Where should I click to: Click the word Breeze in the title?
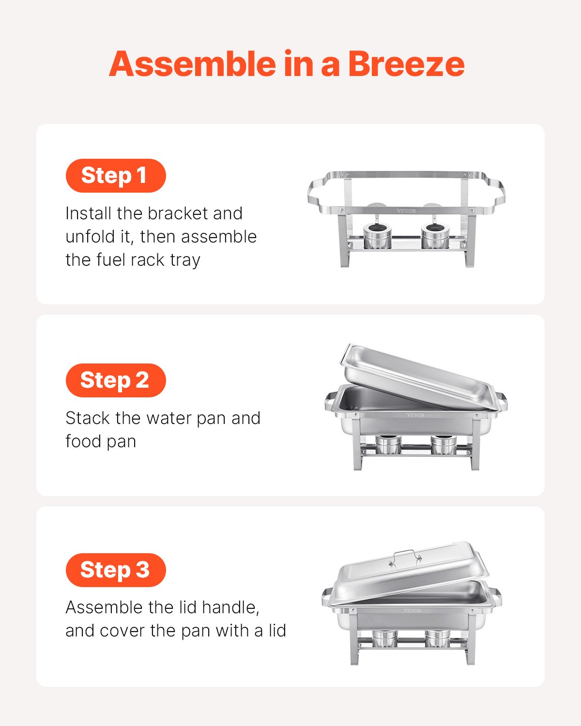pos(406,64)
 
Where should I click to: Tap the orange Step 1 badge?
pos(116,175)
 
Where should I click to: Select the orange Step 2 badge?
pos(116,380)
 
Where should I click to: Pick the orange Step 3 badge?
pos(116,570)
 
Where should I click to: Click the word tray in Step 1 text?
pos(185,260)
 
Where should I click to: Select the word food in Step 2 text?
pos(83,441)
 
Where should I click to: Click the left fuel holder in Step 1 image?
pos(377,236)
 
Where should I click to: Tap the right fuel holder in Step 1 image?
pos(434,236)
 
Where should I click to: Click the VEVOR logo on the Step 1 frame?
pos(406,211)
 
